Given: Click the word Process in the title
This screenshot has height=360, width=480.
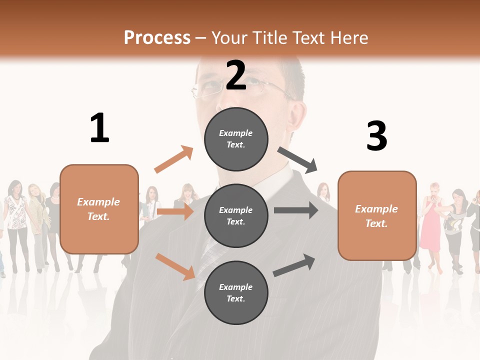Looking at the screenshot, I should click(157, 38).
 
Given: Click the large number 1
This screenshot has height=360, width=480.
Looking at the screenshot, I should click(99, 128).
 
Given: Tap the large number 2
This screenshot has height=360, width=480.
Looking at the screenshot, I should click(236, 75).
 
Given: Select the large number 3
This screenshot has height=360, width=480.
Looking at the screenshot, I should click(376, 135).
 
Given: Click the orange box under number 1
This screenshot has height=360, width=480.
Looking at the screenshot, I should click(99, 209).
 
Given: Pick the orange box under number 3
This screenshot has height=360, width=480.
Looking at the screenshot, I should click(377, 215).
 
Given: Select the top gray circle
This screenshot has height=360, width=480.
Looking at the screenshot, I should click(236, 139).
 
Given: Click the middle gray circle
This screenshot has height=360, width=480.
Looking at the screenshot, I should click(236, 215).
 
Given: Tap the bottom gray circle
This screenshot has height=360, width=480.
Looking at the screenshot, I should click(236, 292).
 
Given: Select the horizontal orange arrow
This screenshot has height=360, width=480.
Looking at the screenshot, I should click(175, 211).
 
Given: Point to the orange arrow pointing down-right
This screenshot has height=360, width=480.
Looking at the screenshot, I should click(175, 266).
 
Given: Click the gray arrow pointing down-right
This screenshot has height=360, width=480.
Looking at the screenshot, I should click(298, 160).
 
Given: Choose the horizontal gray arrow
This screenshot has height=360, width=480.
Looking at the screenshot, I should click(296, 210).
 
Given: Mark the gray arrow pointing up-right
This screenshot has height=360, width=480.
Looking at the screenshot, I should click(294, 265).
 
